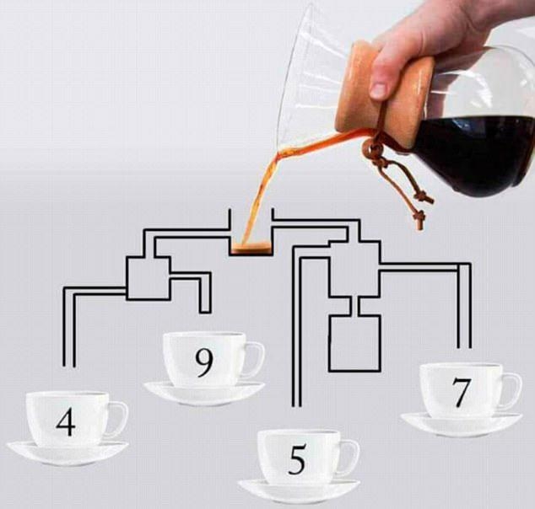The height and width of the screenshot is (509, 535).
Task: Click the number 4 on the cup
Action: pyautogui.click(x=66, y=422)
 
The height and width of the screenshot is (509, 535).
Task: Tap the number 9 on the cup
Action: pyautogui.click(x=204, y=363)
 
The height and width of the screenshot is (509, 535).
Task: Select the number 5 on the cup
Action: pyautogui.click(x=297, y=461)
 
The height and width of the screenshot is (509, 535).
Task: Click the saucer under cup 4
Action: pyautogui.click(x=67, y=454)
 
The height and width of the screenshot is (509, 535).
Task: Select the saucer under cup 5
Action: pyautogui.click(x=299, y=491)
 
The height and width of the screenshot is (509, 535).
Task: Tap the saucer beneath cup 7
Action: pyautogui.click(x=461, y=425)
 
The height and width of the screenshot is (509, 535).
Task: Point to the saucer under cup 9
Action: pyautogui.click(x=204, y=394)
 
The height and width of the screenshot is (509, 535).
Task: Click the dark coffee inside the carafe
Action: pyautogui.click(x=478, y=153)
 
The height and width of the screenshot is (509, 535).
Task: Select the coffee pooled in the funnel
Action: pyautogui.click(x=251, y=248)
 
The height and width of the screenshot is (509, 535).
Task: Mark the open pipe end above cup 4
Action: pyautogui.click(x=69, y=367)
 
